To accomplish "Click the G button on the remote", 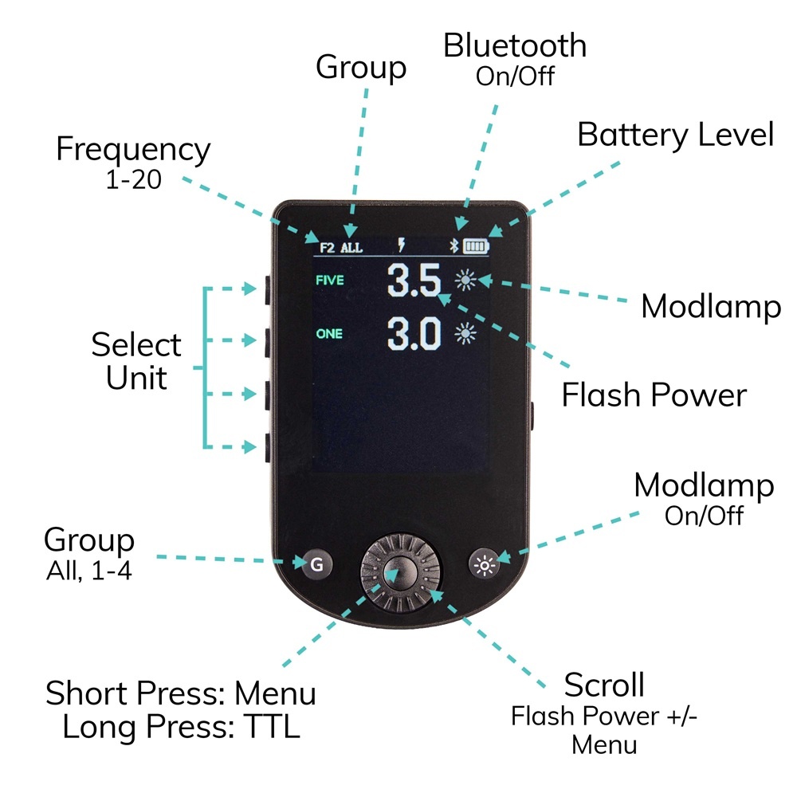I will click(316, 565).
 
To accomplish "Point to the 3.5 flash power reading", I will click(414, 281).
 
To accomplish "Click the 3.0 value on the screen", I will click(414, 335).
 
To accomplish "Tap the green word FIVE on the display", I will click(330, 281).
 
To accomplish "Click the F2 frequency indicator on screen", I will click(328, 247).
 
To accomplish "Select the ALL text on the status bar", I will click(351, 247).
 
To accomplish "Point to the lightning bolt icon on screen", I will click(402, 246).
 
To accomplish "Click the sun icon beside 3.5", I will click(466, 281).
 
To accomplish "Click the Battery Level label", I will click(675, 135).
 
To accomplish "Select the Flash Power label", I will click(654, 395).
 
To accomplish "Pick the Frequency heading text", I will click(133, 150).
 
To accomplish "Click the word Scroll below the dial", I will click(604, 685).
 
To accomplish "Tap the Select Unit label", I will click(136, 361).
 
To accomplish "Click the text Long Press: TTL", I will click(181, 727).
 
